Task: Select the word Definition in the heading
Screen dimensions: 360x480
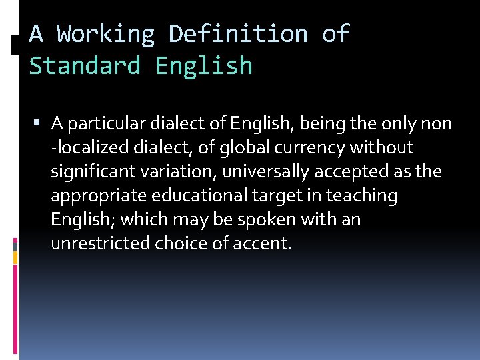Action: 238,33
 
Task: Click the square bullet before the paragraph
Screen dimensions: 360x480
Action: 41,123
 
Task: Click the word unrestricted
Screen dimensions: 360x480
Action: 101,244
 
